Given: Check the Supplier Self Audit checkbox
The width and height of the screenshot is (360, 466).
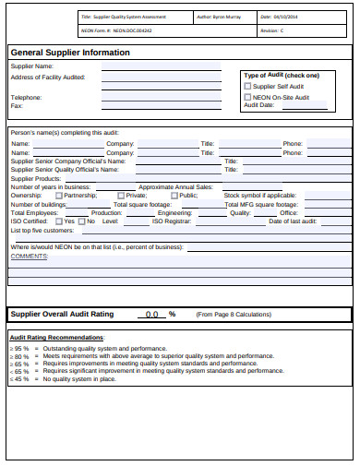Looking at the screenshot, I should click(x=247, y=86).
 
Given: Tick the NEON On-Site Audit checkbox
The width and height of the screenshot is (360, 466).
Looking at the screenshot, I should click(x=247, y=96).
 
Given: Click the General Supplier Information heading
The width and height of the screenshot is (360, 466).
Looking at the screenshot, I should click(x=70, y=53).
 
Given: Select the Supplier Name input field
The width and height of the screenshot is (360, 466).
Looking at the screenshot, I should click(x=161, y=67).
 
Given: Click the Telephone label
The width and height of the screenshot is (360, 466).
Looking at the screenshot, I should click(x=26, y=97).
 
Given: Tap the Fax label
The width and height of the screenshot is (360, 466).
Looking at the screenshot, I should click(x=16, y=105).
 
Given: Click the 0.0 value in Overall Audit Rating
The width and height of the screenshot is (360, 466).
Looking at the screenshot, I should click(x=152, y=315).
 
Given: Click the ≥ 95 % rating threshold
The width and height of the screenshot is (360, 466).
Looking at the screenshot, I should click(x=18, y=349).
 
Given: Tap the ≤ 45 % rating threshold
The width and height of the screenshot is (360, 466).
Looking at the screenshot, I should click(x=18, y=378).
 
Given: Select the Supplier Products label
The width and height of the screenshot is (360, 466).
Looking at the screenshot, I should click(x=34, y=178).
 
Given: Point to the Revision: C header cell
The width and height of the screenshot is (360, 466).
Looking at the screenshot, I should click(x=271, y=30).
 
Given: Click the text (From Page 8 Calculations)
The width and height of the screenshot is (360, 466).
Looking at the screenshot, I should click(x=234, y=315).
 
